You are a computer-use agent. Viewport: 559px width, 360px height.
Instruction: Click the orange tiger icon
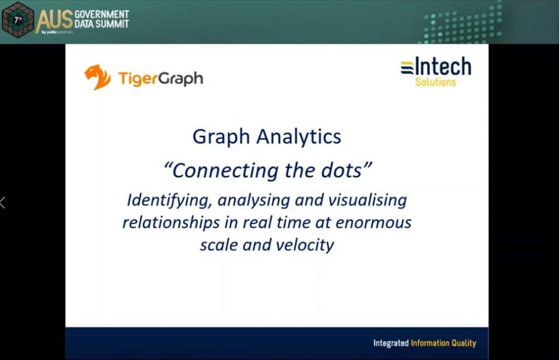pos(97,77)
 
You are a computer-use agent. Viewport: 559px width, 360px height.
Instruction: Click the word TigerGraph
pos(160,79)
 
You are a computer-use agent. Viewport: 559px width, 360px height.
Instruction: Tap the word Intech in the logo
pos(443,67)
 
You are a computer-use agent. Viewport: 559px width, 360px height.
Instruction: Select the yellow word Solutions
pos(435,82)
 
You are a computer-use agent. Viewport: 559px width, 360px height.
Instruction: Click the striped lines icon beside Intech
pos(407,68)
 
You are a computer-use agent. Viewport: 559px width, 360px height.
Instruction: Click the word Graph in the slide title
pos(217,136)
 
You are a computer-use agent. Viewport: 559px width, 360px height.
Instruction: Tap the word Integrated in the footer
pos(390,343)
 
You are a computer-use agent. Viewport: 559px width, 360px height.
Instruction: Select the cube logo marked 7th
pos(17,20)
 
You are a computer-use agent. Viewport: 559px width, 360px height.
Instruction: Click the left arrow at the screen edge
pos(3,202)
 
